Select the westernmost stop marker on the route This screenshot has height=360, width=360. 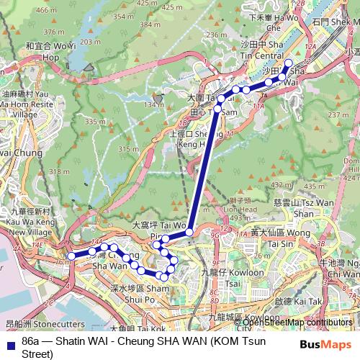(x=71, y=256)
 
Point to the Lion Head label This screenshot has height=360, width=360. (x=240, y=209)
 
